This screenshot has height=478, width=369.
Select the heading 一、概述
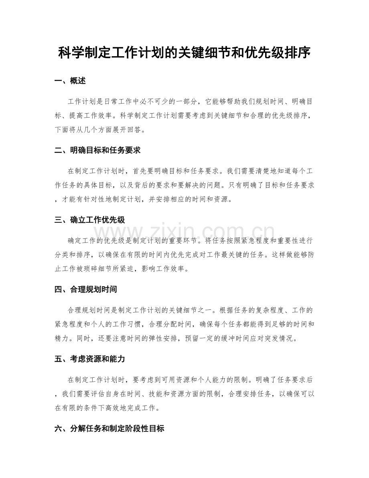[70, 81]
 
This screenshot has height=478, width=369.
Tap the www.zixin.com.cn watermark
[184, 233]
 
